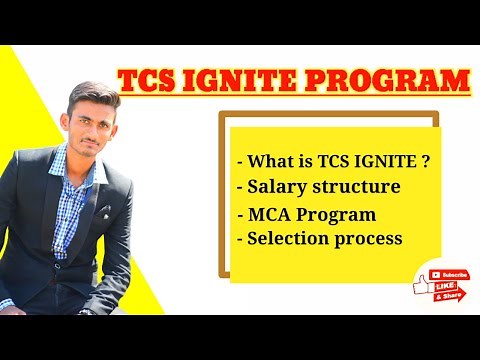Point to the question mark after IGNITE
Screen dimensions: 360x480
[427, 160]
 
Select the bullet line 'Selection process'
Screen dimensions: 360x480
[319, 239]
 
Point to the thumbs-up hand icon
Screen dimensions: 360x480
[420, 285]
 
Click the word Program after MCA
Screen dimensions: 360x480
[339, 215]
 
